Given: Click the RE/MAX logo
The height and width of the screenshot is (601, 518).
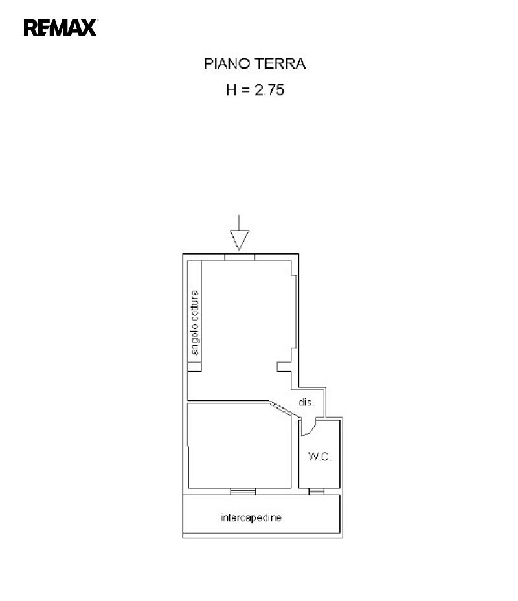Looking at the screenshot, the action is tap(60, 28).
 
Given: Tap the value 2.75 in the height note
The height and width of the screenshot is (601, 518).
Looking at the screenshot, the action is tap(269, 91).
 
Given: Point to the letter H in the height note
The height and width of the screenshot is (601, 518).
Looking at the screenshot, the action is tap(231, 91).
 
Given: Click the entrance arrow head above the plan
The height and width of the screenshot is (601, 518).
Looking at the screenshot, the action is tap(240, 240).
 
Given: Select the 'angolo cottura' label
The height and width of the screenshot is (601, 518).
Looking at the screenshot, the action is tap(195, 323).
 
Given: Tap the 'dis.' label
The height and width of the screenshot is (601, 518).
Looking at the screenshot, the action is tap(306, 402).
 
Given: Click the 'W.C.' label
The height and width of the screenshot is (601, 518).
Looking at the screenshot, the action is tap(319, 457).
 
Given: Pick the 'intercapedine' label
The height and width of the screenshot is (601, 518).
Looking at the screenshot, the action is tap(251, 518).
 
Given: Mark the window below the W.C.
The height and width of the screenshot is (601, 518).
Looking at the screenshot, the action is tap(317, 492).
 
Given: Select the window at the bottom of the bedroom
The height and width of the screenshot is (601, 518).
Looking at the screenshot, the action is tap(243, 492).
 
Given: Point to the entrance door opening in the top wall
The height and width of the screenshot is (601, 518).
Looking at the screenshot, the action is tap(240, 257).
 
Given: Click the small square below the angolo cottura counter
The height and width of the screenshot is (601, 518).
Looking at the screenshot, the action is tap(195, 367).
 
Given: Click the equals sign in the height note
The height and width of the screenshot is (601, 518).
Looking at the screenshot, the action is tap(245, 91).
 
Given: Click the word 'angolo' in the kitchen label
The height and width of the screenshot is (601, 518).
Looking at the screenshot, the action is tap(195, 341).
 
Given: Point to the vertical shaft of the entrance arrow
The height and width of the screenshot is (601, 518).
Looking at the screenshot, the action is tap(239, 223).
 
